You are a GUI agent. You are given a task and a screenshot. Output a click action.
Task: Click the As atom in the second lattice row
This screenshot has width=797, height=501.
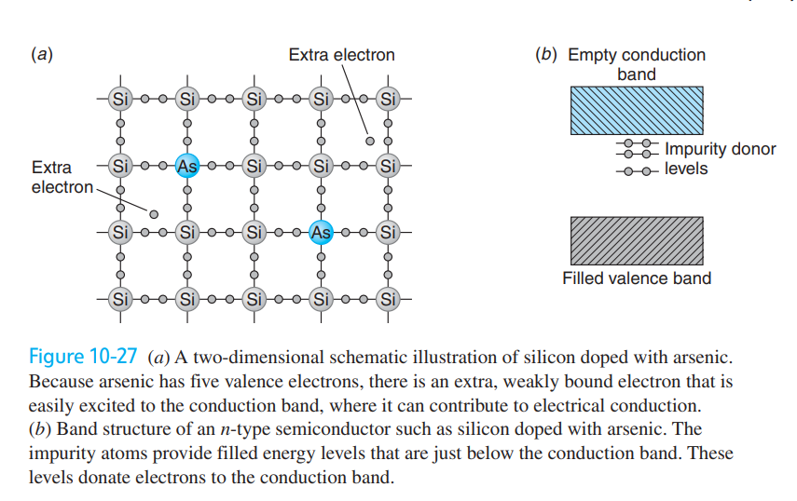pyautogui.click(x=187, y=166)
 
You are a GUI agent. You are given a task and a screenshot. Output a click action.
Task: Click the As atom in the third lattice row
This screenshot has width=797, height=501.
pyautogui.click(x=321, y=233)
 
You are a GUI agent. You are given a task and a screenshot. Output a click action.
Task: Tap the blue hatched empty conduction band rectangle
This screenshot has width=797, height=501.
pyautogui.click(x=637, y=110)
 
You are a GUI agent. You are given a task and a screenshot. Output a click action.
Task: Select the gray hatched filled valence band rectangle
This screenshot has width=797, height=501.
pyautogui.click(x=637, y=240)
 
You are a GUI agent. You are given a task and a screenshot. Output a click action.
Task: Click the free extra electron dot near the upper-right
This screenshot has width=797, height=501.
pyautogui.click(x=370, y=142)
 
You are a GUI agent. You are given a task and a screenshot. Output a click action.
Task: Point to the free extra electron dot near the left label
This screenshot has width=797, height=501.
pyautogui.click(x=154, y=214)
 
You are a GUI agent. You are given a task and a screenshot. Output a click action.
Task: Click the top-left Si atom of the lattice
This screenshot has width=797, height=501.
pyautogui.click(x=120, y=99)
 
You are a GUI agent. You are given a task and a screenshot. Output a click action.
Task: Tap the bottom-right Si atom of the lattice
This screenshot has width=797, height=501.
pyautogui.click(x=388, y=299)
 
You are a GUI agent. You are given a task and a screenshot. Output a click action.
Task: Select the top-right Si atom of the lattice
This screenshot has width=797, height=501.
pyautogui.click(x=388, y=99)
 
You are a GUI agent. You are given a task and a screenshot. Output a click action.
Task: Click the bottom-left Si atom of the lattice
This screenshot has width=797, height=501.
pyautogui.click(x=120, y=299)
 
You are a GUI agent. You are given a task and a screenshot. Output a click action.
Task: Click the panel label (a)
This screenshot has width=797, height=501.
pyautogui.click(x=42, y=54)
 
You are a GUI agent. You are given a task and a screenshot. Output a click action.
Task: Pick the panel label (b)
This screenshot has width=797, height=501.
pyautogui.click(x=546, y=54)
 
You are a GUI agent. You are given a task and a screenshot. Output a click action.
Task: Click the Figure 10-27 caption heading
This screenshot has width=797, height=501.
pyautogui.click(x=83, y=357)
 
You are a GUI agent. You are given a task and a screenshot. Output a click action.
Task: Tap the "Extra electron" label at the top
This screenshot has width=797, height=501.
pyautogui.click(x=341, y=55)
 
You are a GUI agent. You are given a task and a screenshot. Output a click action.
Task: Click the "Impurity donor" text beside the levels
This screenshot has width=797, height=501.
pyautogui.click(x=721, y=149)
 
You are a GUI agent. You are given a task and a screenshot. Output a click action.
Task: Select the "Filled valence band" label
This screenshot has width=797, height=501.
pyautogui.click(x=637, y=278)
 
